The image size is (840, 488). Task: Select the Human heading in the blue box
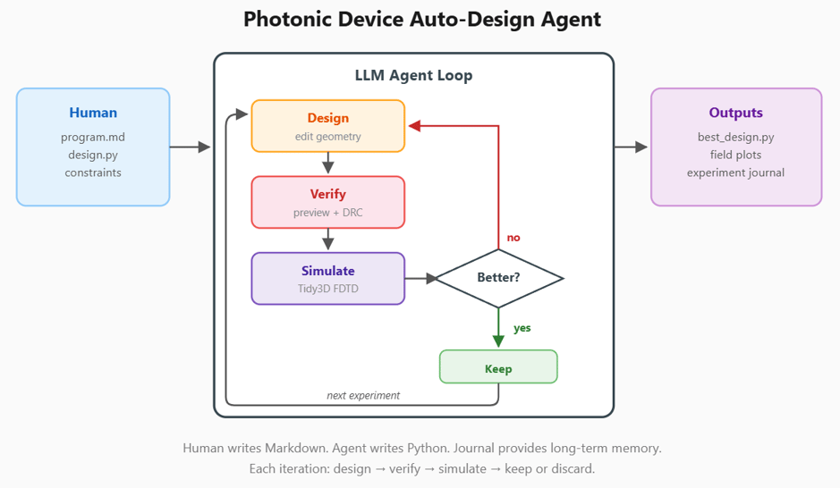(93, 113)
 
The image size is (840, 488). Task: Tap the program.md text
(93, 137)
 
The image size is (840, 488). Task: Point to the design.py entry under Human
(93, 155)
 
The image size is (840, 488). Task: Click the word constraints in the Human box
(93, 172)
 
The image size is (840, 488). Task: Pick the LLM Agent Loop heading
(413, 75)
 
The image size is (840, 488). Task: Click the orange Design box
(327, 125)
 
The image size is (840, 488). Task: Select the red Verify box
(327, 202)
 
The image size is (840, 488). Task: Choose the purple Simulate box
(327, 278)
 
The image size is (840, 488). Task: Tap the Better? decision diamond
(498, 278)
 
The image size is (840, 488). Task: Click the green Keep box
(498, 367)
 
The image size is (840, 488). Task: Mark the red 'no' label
(513, 238)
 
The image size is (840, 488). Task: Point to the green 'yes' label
(522, 328)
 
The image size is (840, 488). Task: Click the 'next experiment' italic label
(363, 395)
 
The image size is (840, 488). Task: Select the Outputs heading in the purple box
(735, 113)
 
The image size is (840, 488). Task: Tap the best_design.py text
(735, 137)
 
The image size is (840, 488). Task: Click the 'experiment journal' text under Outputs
(735, 172)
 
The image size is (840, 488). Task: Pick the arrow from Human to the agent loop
(190, 147)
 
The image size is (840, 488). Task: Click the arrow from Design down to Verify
(327, 164)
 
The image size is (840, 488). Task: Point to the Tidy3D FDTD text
(327, 289)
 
